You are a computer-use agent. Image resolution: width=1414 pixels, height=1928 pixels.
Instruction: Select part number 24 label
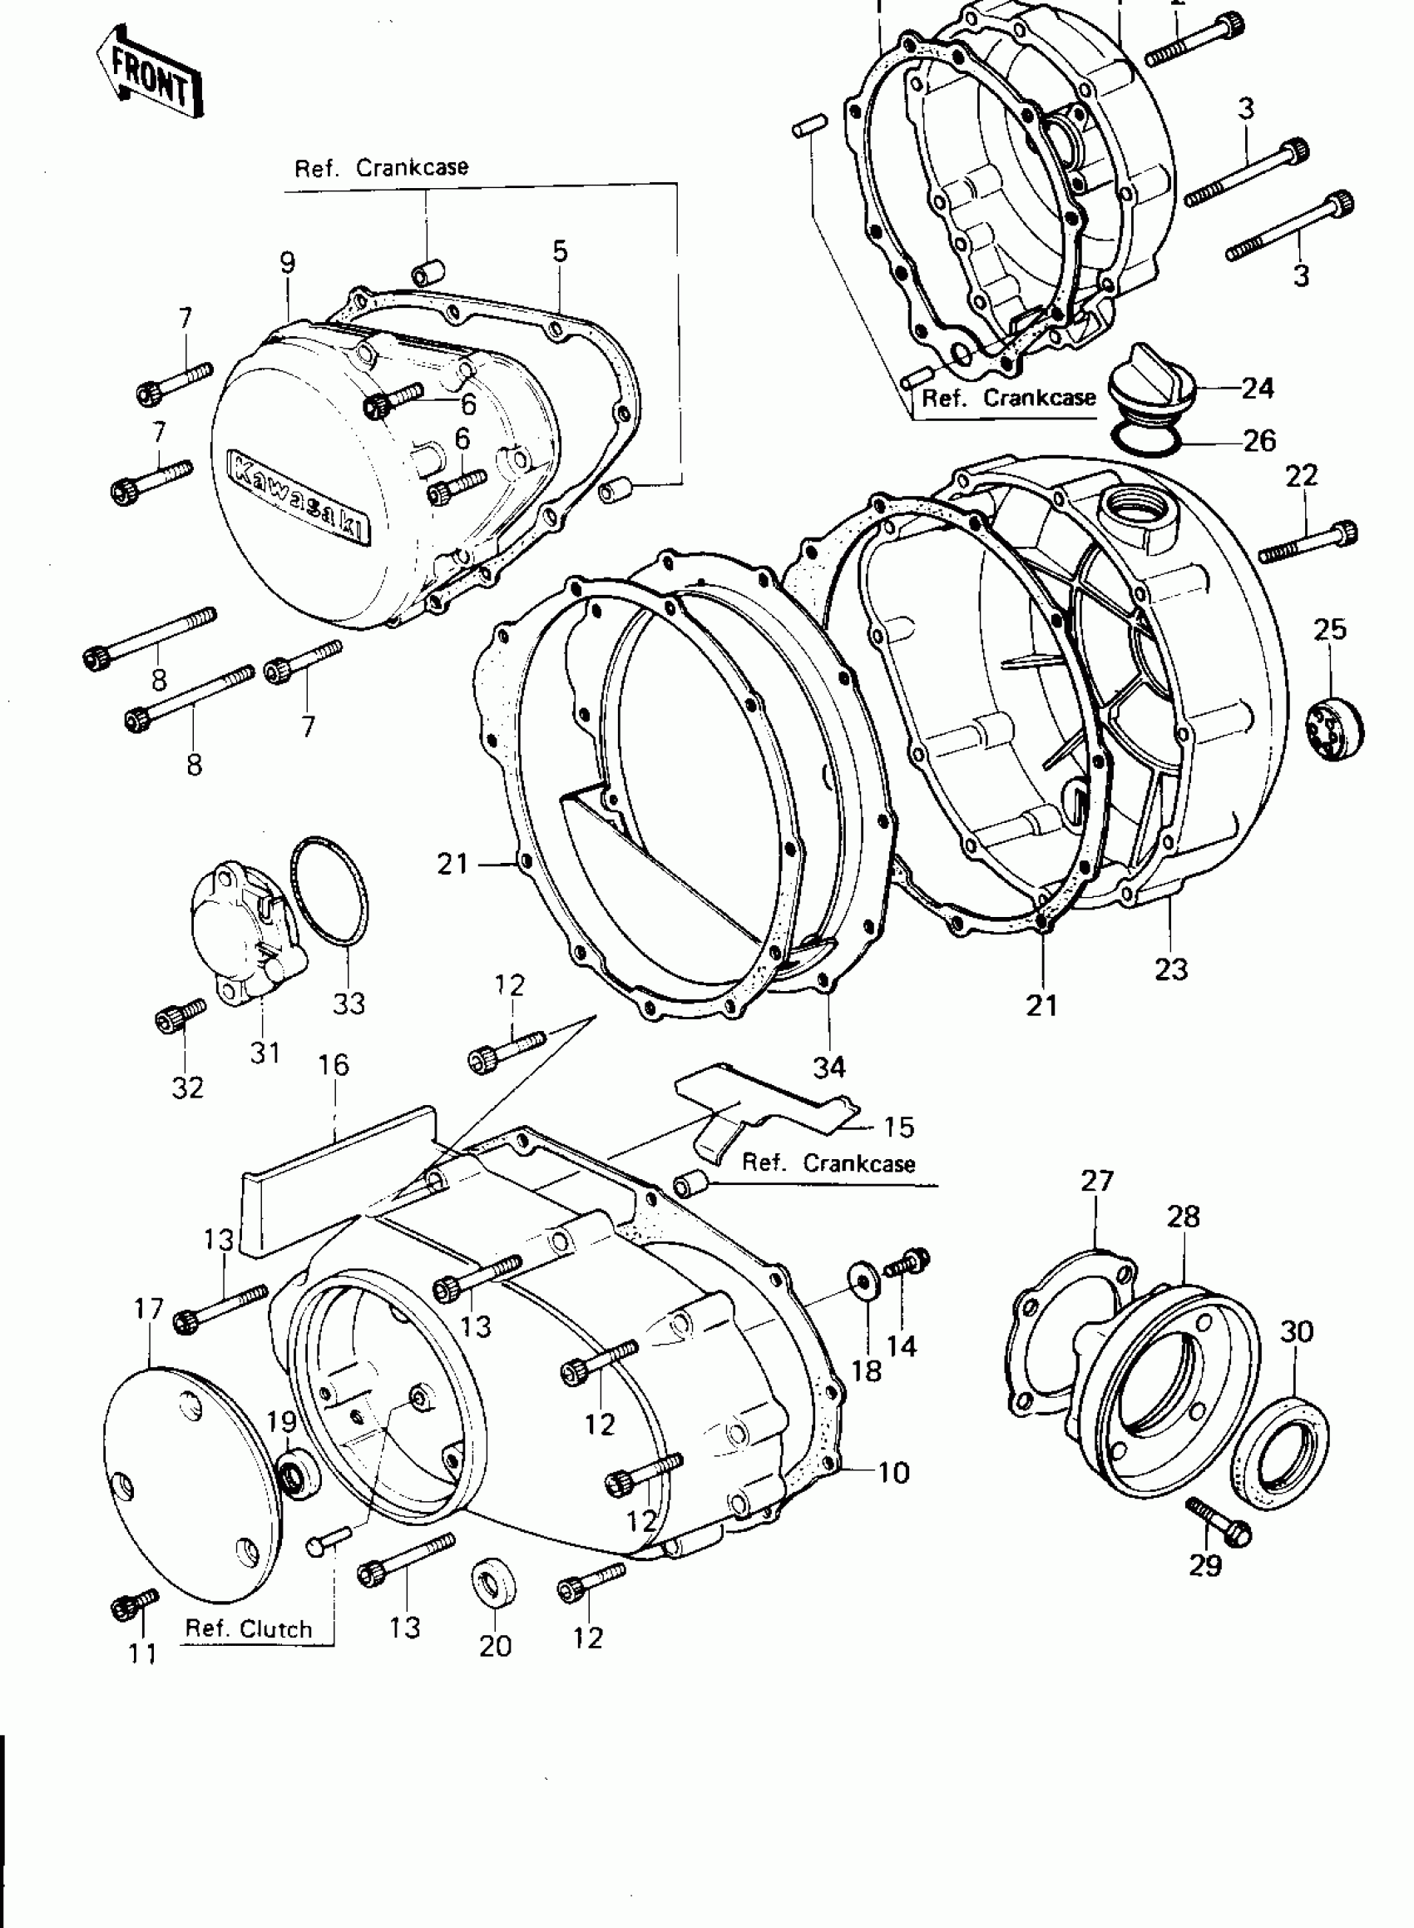(x=1258, y=389)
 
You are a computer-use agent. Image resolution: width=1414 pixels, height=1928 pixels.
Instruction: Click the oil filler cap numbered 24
(x=1151, y=385)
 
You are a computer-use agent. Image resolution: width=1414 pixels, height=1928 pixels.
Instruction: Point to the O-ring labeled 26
(x=1147, y=439)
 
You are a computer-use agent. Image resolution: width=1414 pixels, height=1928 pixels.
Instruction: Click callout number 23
(x=1171, y=969)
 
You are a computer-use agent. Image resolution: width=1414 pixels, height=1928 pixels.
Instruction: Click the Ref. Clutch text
(x=248, y=1628)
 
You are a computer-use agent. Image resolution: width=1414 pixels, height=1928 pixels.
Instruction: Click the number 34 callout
(x=828, y=1067)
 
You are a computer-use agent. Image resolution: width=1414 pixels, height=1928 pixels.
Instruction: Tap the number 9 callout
(x=287, y=263)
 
